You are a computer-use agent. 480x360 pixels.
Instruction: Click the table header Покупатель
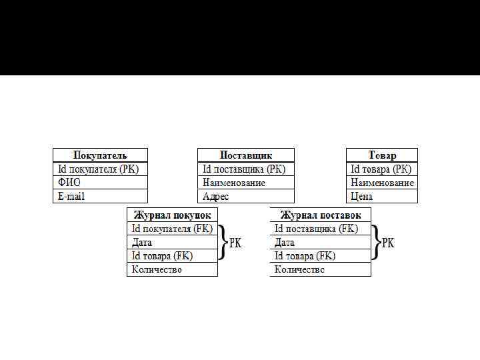click(100, 155)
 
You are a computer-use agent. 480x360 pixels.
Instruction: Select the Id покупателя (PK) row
click(100, 169)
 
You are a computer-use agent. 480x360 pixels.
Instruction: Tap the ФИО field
click(100, 183)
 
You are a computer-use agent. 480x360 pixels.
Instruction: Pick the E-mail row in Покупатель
click(100, 196)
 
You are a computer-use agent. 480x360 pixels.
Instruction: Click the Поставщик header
click(246, 155)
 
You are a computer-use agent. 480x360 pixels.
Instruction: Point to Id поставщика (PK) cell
click(246, 169)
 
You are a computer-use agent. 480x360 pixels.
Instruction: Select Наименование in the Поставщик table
click(246, 183)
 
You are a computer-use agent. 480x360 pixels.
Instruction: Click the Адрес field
click(246, 196)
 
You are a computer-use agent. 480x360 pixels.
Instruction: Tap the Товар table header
click(382, 155)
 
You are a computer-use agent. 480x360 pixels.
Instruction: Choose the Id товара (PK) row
click(382, 169)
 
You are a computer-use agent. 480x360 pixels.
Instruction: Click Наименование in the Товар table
click(382, 183)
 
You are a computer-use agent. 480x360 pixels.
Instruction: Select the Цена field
click(382, 196)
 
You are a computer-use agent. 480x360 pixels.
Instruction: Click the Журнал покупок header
click(173, 215)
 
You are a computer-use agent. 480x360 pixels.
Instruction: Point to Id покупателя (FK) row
click(173, 229)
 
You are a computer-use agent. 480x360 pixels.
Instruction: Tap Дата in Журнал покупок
click(173, 243)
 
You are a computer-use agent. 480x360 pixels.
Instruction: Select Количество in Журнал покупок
click(173, 269)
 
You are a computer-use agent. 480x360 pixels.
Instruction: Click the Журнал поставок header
click(321, 215)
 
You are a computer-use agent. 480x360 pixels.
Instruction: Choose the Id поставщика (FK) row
click(321, 229)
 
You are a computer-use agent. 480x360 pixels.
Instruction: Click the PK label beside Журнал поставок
click(388, 243)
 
